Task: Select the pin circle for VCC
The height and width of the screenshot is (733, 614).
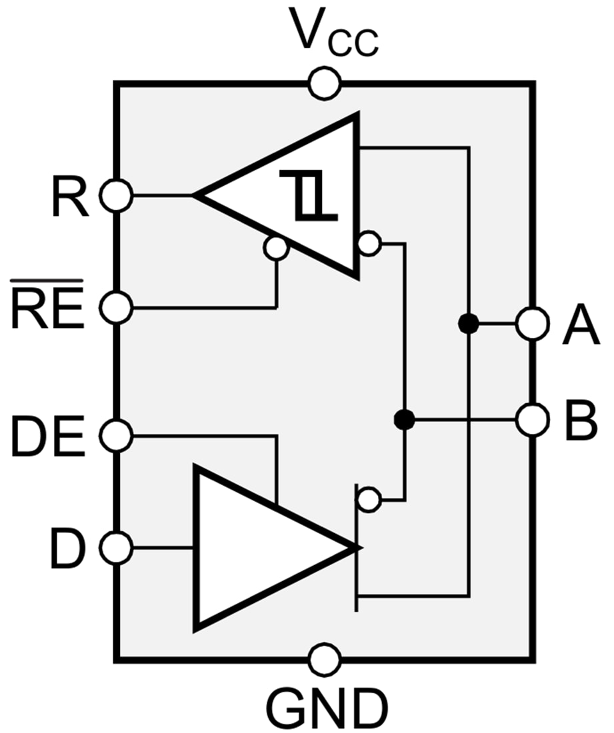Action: pos(325,84)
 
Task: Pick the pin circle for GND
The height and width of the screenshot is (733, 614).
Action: pos(325,660)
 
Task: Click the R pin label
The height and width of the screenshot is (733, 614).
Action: pos(70,197)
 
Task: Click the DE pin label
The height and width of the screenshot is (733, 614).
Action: pos(48,437)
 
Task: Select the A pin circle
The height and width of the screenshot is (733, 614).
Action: pos(533,325)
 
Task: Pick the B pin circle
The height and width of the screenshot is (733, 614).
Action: pos(533,420)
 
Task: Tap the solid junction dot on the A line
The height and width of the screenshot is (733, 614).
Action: pos(469,325)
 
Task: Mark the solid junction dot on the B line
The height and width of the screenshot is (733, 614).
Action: pos(404,420)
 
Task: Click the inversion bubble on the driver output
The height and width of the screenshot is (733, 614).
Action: pos(367,498)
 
